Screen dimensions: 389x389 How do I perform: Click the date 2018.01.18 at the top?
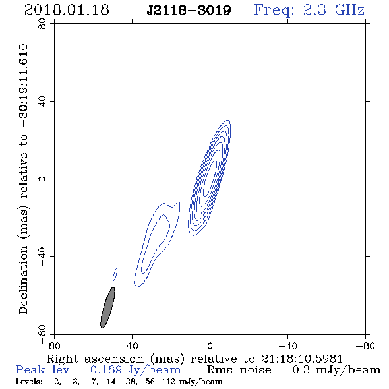[67, 10]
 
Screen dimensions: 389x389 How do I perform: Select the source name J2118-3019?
[189, 11]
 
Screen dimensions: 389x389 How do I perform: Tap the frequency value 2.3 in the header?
[314, 10]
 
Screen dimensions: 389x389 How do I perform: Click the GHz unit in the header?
[349, 10]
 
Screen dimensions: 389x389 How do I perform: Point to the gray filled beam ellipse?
[107, 307]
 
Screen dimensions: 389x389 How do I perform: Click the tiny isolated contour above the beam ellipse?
[115, 274]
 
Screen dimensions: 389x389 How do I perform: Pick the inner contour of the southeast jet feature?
[156, 244]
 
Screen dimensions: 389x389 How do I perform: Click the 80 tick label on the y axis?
[43, 24]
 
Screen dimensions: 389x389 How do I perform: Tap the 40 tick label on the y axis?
[43, 102]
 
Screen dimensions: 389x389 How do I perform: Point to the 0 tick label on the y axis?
[43, 179]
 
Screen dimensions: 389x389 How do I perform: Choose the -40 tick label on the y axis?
[43, 256]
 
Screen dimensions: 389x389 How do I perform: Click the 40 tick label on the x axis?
[132, 345]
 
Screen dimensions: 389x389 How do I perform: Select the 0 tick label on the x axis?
[210, 345]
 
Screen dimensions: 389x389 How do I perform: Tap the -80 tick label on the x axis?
[365, 345]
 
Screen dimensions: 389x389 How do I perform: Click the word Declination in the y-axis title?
[23, 280]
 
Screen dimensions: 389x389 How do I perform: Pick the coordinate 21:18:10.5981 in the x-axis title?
[302, 359]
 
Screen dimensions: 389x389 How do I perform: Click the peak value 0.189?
[106, 370]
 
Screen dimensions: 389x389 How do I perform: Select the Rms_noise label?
[243, 370]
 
